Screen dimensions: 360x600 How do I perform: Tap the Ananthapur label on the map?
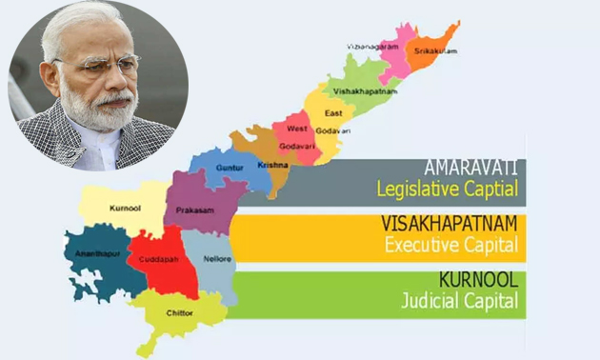92,254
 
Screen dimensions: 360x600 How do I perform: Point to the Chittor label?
178,312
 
